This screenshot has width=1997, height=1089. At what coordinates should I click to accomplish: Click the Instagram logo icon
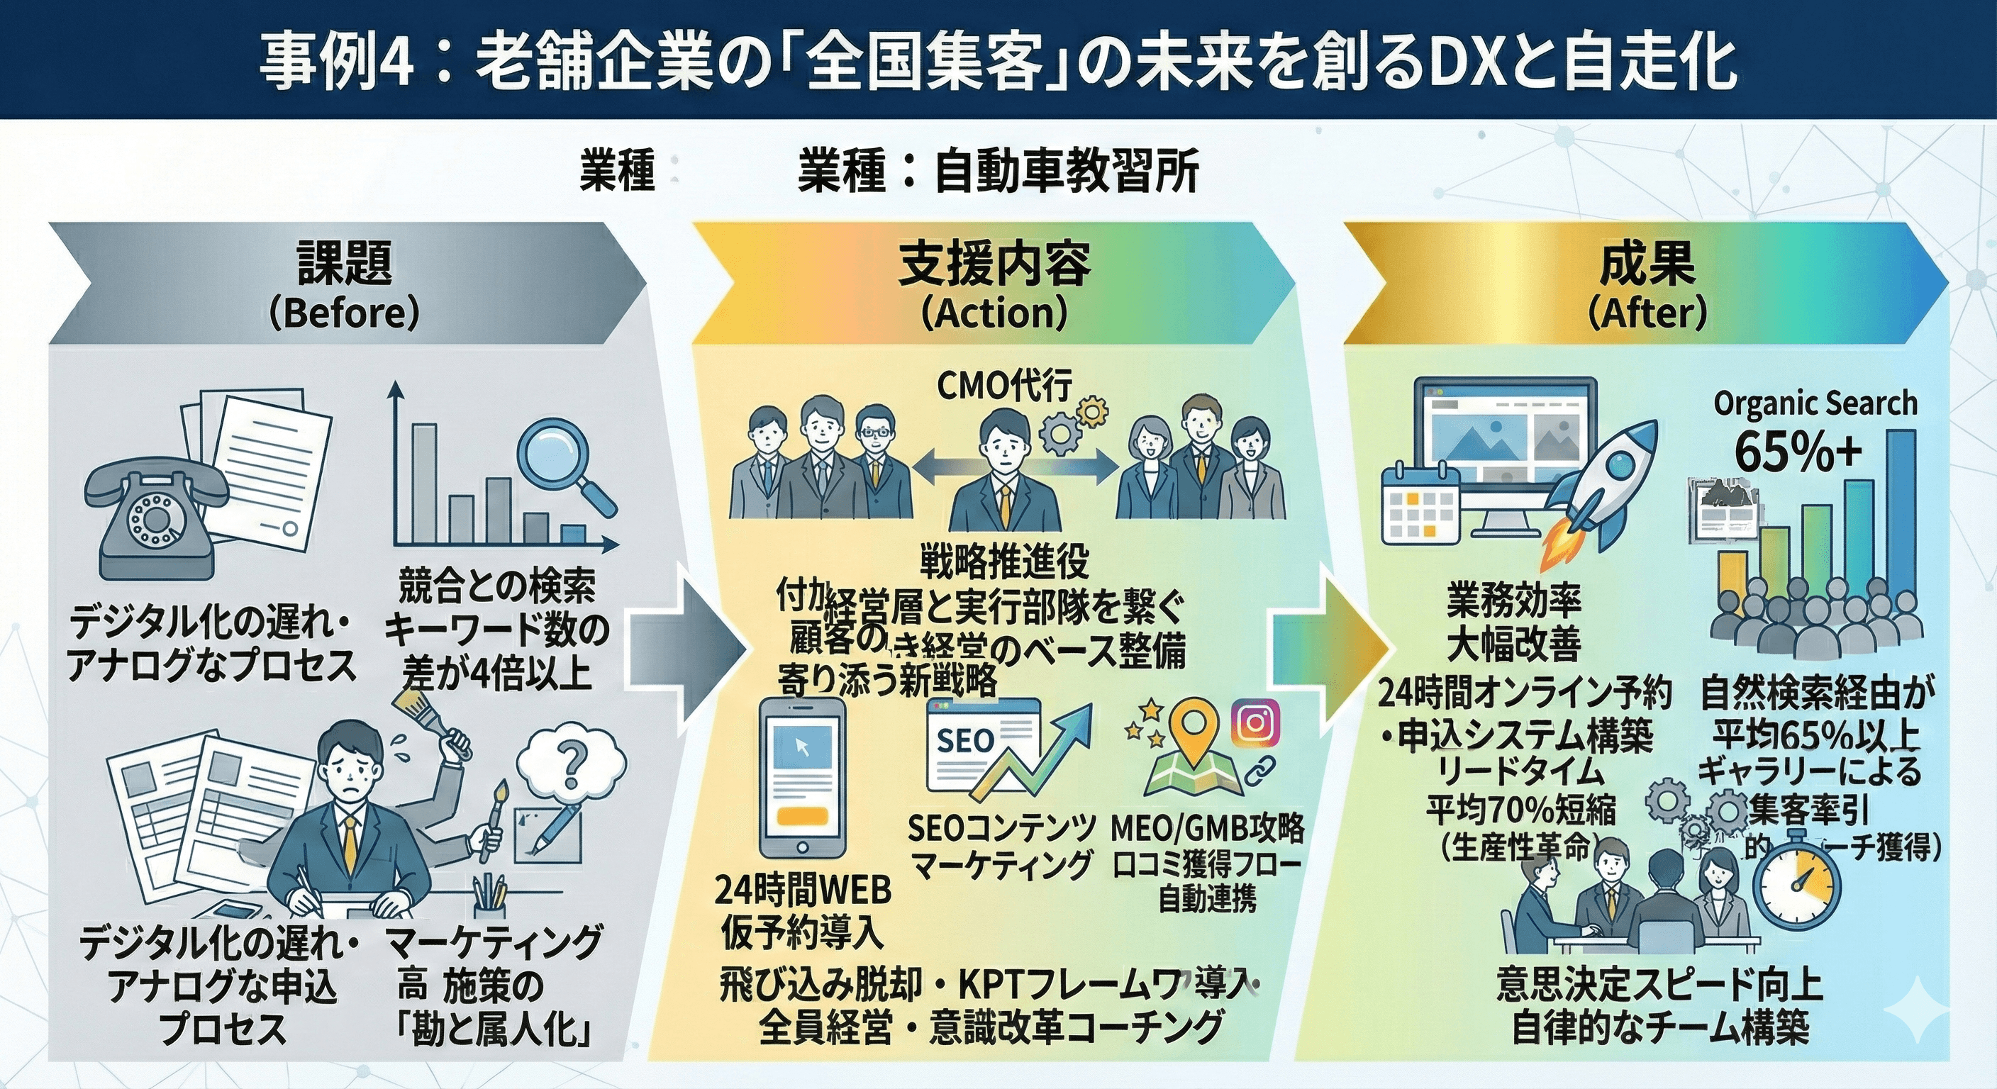click(x=1255, y=722)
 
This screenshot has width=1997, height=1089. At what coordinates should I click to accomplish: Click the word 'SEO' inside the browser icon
click(x=965, y=740)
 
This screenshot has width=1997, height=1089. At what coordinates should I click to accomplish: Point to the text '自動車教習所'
click(x=1067, y=172)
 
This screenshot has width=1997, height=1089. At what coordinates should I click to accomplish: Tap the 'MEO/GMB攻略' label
click(x=1208, y=829)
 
